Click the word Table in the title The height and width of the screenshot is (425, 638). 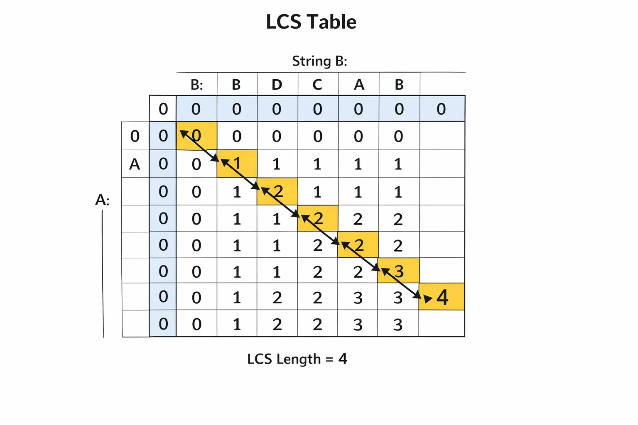click(x=332, y=22)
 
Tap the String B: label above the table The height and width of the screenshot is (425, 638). click(x=319, y=61)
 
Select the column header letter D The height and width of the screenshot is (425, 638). click(x=277, y=85)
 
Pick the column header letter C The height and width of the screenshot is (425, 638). click(x=317, y=85)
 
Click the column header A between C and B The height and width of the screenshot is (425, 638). click(x=359, y=85)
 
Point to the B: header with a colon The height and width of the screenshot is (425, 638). click(x=196, y=85)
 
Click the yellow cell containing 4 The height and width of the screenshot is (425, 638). click(x=442, y=297)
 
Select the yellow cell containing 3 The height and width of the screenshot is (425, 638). click(x=398, y=271)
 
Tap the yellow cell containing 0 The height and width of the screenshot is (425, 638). click(x=196, y=136)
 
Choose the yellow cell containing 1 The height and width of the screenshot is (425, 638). click(x=237, y=164)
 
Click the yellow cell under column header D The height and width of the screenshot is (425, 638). click(x=277, y=191)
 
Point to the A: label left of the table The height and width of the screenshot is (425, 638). click(x=102, y=200)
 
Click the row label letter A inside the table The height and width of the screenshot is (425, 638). click(x=135, y=164)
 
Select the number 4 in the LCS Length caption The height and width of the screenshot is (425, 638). click(x=343, y=359)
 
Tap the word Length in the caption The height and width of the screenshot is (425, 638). click(x=299, y=359)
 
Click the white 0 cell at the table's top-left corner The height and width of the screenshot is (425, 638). click(x=163, y=109)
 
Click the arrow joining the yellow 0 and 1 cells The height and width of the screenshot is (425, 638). click(x=200, y=146)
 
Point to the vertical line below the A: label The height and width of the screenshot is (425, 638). click(x=103, y=274)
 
